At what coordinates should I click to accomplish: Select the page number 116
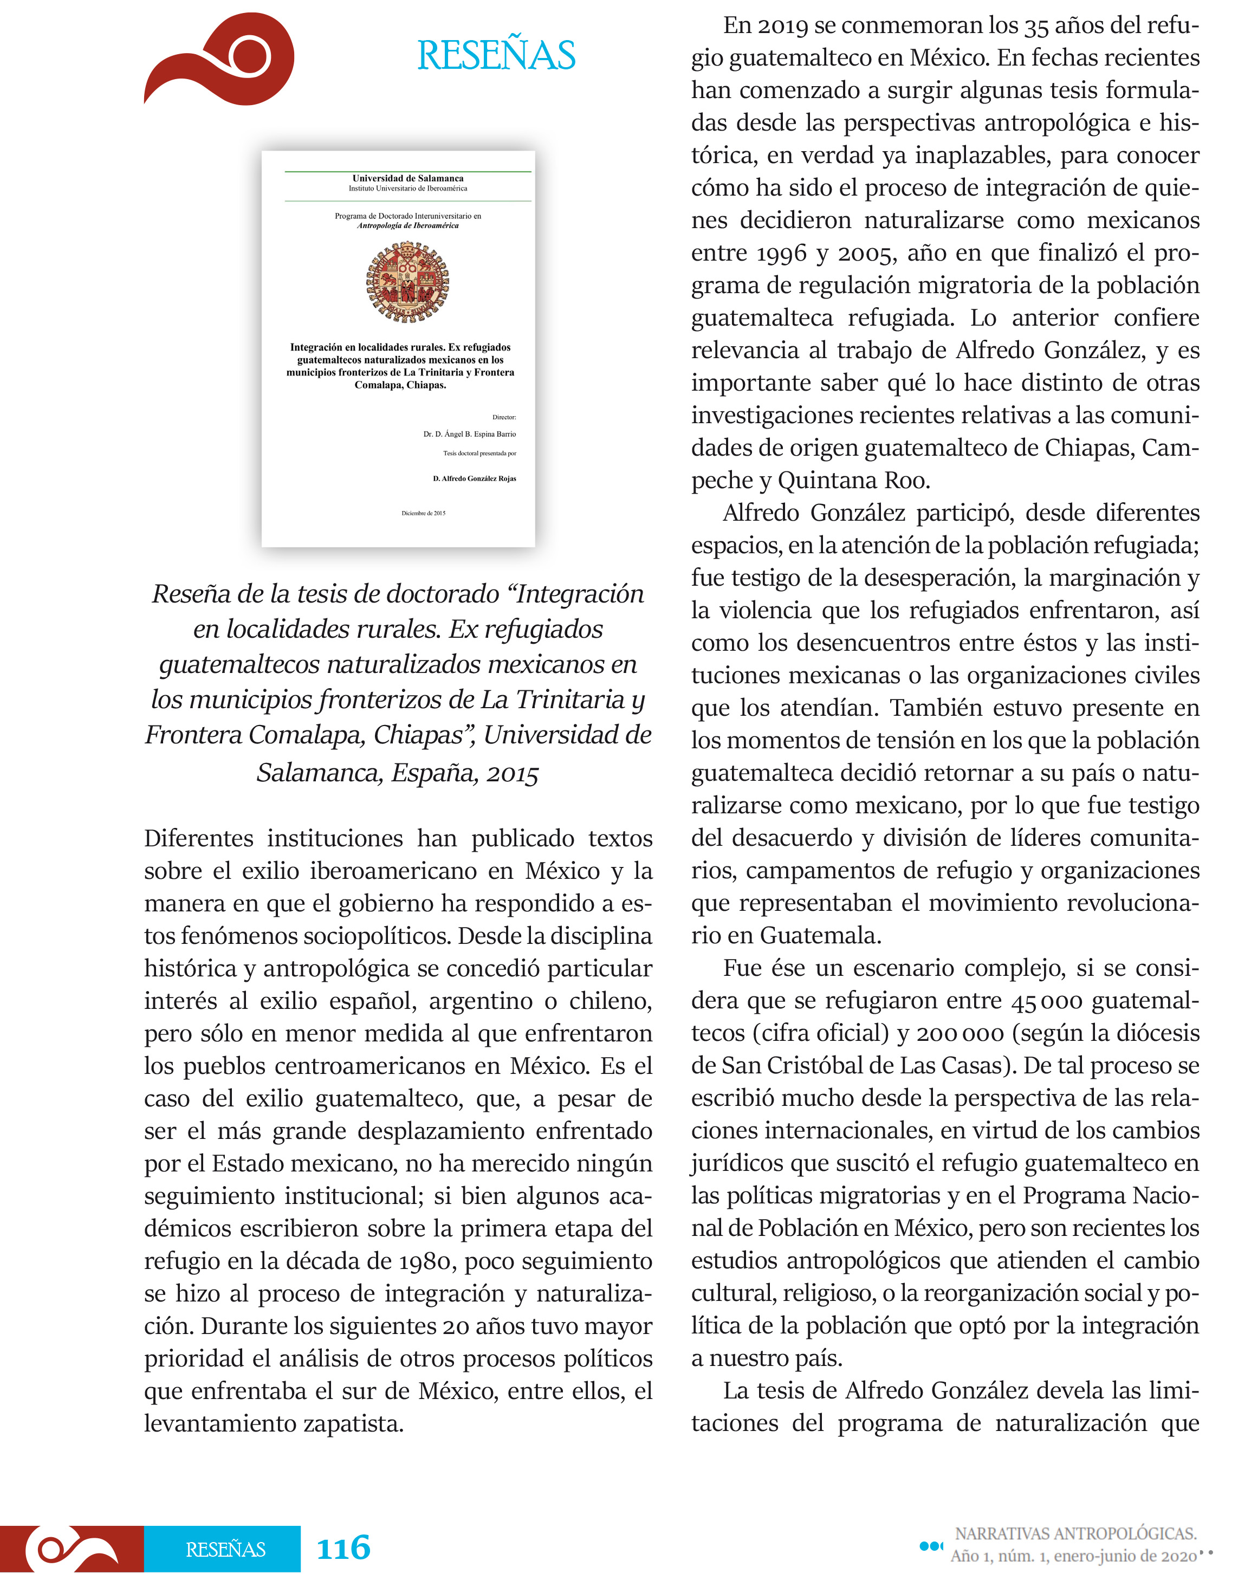pos(343,1548)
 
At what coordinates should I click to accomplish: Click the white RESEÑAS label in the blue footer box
pos(225,1549)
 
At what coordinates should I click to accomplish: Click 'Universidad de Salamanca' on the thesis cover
pos(407,178)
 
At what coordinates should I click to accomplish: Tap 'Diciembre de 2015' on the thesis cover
pos(423,513)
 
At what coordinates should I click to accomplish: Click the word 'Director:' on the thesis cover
pos(504,417)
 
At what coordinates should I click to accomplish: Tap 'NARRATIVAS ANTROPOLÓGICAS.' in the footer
pos(1075,1533)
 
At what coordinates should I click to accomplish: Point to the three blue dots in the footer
pos(930,1545)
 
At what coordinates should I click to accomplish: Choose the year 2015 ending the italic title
pos(512,774)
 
